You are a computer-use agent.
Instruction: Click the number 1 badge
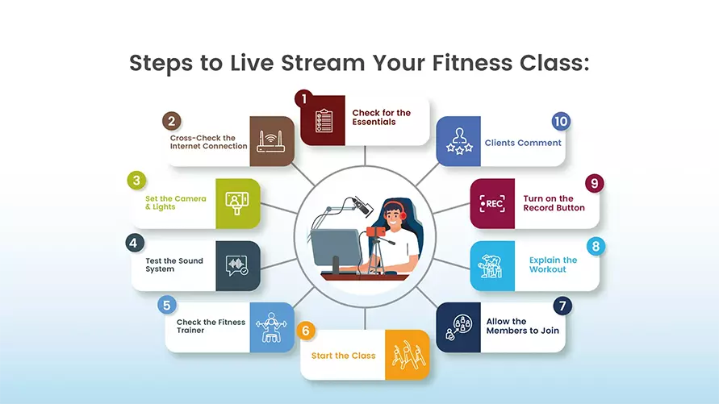[x=304, y=98]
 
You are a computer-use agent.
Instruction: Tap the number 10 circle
[x=561, y=122]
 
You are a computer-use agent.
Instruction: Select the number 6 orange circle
[x=305, y=331]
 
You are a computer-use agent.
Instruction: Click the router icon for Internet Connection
[x=272, y=141]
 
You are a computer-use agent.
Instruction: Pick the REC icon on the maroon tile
[x=491, y=203]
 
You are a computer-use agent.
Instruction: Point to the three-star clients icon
[x=458, y=141]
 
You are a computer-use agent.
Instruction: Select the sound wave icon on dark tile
[x=237, y=266]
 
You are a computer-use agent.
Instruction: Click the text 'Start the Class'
[x=343, y=356]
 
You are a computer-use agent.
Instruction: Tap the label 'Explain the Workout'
[x=553, y=264]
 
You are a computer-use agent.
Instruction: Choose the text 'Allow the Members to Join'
[x=522, y=326]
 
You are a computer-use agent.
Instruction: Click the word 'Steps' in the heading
[x=159, y=63]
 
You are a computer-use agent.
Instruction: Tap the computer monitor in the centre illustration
[x=334, y=248]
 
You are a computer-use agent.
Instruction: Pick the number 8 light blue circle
[x=595, y=244]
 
